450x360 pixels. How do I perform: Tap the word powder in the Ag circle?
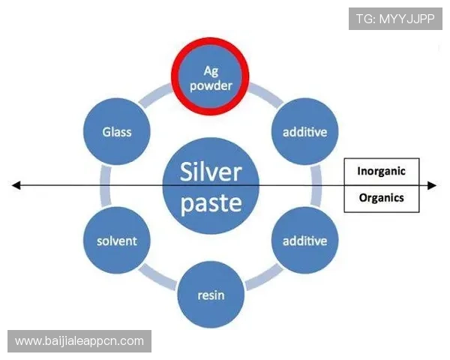coord(211,85)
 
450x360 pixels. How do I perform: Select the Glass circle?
coord(117,131)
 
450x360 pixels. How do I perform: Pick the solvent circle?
coord(117,240)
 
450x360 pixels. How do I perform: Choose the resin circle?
coord(211,295)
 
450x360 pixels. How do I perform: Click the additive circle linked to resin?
coord(304,240)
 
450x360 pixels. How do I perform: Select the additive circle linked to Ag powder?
coord(304,131)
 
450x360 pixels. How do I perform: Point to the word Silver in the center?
coord(211,172)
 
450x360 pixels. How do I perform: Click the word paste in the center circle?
coord(211,203)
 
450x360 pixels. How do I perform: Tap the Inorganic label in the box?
coord(382,171)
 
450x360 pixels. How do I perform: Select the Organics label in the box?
coord(382,198)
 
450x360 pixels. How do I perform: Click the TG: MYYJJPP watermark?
coord(395,19)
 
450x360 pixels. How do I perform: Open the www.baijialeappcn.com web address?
coord(79,341)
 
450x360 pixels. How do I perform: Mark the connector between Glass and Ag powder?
coord(157,96)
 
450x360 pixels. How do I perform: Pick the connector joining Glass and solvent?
coord(106,186)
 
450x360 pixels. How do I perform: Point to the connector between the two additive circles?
coord(316,186)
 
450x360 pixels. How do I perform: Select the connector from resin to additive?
coord(264,277)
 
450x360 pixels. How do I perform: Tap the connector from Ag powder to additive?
coord(265,96)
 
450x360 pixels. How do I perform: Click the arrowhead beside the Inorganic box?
coord(432,186)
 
